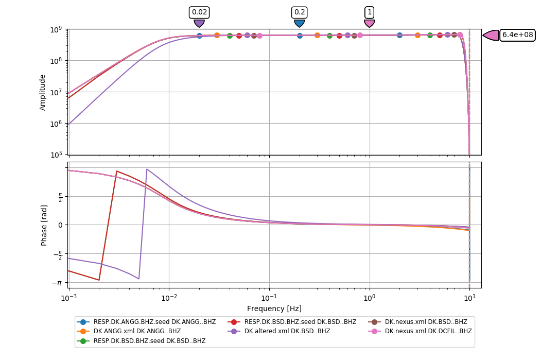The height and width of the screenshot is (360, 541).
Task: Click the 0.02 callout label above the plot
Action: [x=199, y=12]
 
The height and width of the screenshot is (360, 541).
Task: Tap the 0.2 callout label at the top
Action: [x=299, y=12]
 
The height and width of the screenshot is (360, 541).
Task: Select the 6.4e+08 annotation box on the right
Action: [x=517, y=35]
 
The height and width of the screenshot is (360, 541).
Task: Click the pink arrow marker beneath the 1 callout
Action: [x=369, y=23]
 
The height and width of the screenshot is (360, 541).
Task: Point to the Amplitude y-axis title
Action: [x=43, y=92]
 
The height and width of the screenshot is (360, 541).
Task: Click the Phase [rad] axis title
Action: [x=44, y=225]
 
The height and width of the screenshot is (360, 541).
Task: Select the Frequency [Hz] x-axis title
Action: [x=274, y=308]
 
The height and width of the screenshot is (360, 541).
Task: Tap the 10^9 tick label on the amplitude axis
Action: [x=56, y=29]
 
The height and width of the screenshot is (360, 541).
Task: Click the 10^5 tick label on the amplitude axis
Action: [x=56, y=155]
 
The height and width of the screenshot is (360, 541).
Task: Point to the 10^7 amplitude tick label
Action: [x=56, y=92]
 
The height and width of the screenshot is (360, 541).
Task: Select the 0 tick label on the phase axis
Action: [x=60, y=225]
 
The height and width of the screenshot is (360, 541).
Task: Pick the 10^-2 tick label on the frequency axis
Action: [x=169, y=297]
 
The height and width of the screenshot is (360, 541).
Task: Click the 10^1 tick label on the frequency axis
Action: [x=469, y=297]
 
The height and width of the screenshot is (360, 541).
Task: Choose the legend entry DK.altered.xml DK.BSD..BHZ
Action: [x=287, y=331]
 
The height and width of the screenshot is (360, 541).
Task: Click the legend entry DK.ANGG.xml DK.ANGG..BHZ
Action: [x=137, y=331]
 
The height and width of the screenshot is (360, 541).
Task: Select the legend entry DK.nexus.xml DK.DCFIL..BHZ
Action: [x=428, y=331]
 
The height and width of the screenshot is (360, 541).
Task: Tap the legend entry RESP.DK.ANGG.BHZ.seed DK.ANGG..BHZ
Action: [x=154, y=322]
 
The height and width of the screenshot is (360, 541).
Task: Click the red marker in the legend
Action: [x=234, y=322]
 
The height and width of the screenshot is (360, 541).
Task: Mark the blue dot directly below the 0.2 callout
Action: [x=300, y=36]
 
